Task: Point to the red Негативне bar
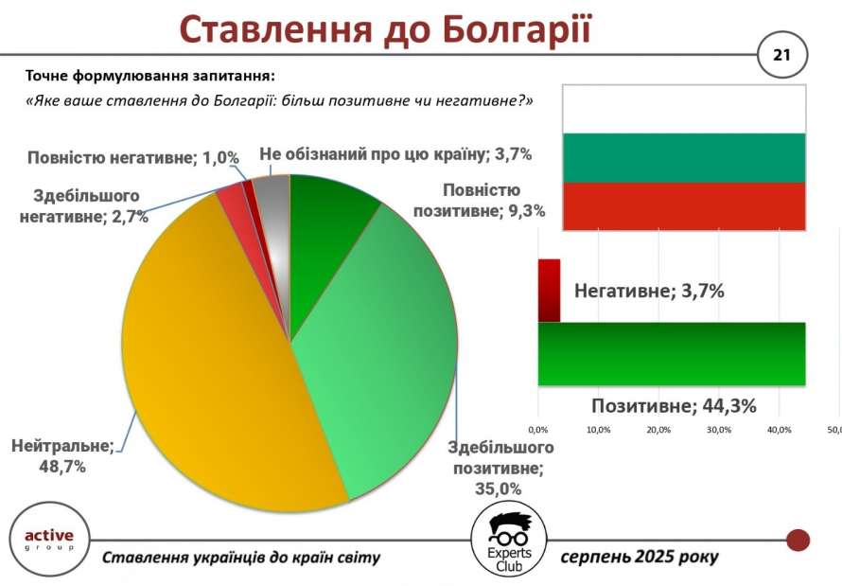click(x=549, y=291)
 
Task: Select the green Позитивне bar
click(x=672, y=354)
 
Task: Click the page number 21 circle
click(x=781, y=55)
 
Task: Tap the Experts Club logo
click(x=509, y=541)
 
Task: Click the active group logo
click(x=49, y=540)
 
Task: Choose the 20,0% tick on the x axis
click(x=658, y=430)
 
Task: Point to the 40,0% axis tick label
click(x=780, y=430)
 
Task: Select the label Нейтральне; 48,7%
click(x=62, y=456)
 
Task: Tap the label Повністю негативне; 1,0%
click(x=133, y=158)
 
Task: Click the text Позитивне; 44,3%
click(x=674, y=405)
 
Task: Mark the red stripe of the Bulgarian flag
click(x=684, y=206)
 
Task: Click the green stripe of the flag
click(x=684, y=158)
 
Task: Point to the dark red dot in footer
click(x=798, y=540)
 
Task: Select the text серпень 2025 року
click(x=640, y=557)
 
